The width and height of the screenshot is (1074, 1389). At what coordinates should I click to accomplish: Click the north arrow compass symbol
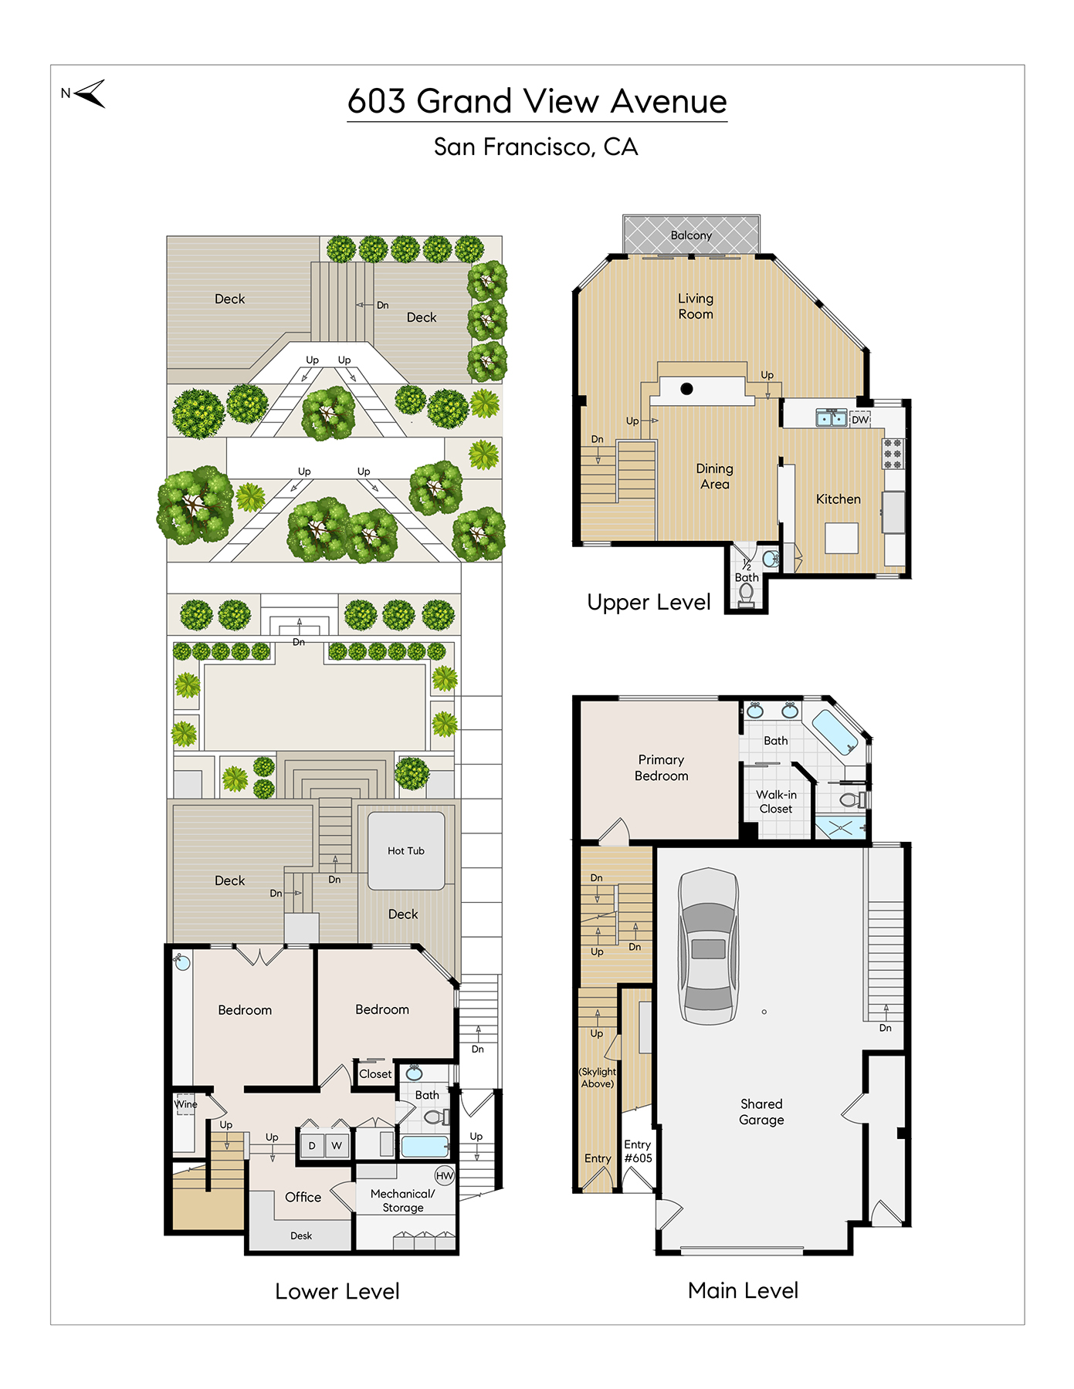pyautogui.click(x=91, y=93)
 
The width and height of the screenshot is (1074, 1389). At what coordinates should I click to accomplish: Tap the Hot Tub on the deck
pyautogui.click(x=406, y=850)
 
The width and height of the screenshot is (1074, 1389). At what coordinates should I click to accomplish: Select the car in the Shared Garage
pyautogui.click(x=708, y=946)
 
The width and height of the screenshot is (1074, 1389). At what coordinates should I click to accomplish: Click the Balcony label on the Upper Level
pyautogui.click(x=691, y=235)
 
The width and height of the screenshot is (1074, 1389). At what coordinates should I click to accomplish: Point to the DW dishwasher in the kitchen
pyautogui.click(x=860, y=420)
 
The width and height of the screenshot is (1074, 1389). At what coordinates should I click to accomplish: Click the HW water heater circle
pyautogui.click(x=445, y=1175)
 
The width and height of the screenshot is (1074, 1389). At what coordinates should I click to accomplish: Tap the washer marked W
pyautogui.click(x=337, y=1145)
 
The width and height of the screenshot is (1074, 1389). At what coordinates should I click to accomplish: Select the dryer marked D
pyautogui.click(x=311, y=1145)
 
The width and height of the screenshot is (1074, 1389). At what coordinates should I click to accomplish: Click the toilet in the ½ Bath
pyautogui.click(x=746, y=595)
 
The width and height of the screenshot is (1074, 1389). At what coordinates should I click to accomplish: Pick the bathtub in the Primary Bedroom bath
pyautogui.click(x=835, y=732)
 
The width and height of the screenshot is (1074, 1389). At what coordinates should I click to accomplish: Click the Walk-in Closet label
pyautogui.click(x=776, y=802)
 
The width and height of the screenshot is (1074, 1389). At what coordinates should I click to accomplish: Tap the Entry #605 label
pyautogui.click(x=638, y=1151)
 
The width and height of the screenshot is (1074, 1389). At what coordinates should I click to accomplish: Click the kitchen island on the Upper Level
pyautogui.click(x=842, y=538)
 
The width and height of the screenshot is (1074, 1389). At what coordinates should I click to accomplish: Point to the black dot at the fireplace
pyautogui.click(x=686, y=389)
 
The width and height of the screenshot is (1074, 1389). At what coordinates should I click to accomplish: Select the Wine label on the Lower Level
pyautogui.click(x=185, y=1104)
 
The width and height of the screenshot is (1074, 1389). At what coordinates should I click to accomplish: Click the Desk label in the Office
pyautogui.click(x=301, y=1235)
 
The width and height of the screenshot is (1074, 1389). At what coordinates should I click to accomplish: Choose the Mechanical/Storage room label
pyautogui.click(x=403, y=1201)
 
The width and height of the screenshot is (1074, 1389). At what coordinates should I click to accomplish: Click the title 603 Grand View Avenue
pyautogui.click(x=537, y=101)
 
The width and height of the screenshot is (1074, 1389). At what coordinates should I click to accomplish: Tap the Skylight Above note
pyautogui.click(x=598, y=1077)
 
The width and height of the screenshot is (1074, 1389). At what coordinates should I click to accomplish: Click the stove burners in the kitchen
pyautogui.click(x=893, y=454)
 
